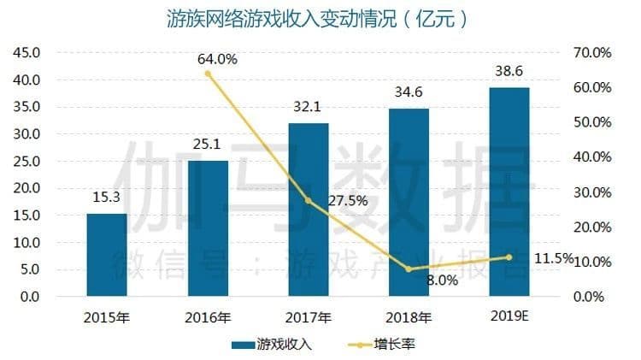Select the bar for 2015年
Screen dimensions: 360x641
107,255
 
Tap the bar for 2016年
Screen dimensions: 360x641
208,228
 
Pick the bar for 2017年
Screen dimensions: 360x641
308,210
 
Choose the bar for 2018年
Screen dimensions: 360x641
409,203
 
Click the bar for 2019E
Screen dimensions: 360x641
509,192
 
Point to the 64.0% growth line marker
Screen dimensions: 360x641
208,74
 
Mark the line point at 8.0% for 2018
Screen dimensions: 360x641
409,269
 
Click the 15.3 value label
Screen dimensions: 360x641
107,198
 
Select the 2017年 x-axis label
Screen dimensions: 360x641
308,317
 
